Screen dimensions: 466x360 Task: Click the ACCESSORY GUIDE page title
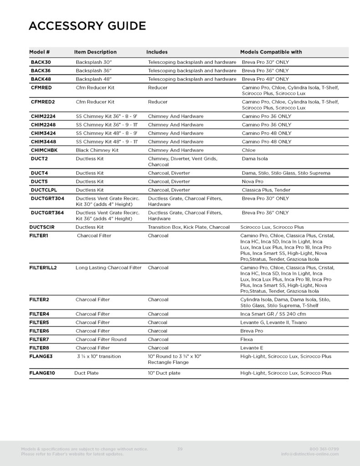[87, 26]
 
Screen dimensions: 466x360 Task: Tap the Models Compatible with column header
[271, 52]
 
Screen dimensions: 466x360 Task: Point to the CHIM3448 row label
[44, 142]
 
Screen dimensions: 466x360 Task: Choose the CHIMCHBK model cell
[44, 150]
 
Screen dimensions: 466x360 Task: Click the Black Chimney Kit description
[97, 150]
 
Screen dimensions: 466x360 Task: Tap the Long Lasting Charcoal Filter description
[108, 268]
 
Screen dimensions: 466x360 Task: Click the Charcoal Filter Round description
[101, 339]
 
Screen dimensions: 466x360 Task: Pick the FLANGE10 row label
[42, 373]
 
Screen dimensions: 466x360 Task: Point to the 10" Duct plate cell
[164, 373]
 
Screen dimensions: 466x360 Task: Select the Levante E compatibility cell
[252, 348]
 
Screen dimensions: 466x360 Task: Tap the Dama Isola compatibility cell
[255, 159]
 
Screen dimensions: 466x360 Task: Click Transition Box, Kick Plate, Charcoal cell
[188, 227]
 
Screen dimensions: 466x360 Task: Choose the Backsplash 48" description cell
[94, 79]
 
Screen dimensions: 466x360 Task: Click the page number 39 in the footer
[180, 449]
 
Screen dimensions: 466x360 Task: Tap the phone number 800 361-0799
[324, 449]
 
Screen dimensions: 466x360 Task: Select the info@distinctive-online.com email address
[309, 454]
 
